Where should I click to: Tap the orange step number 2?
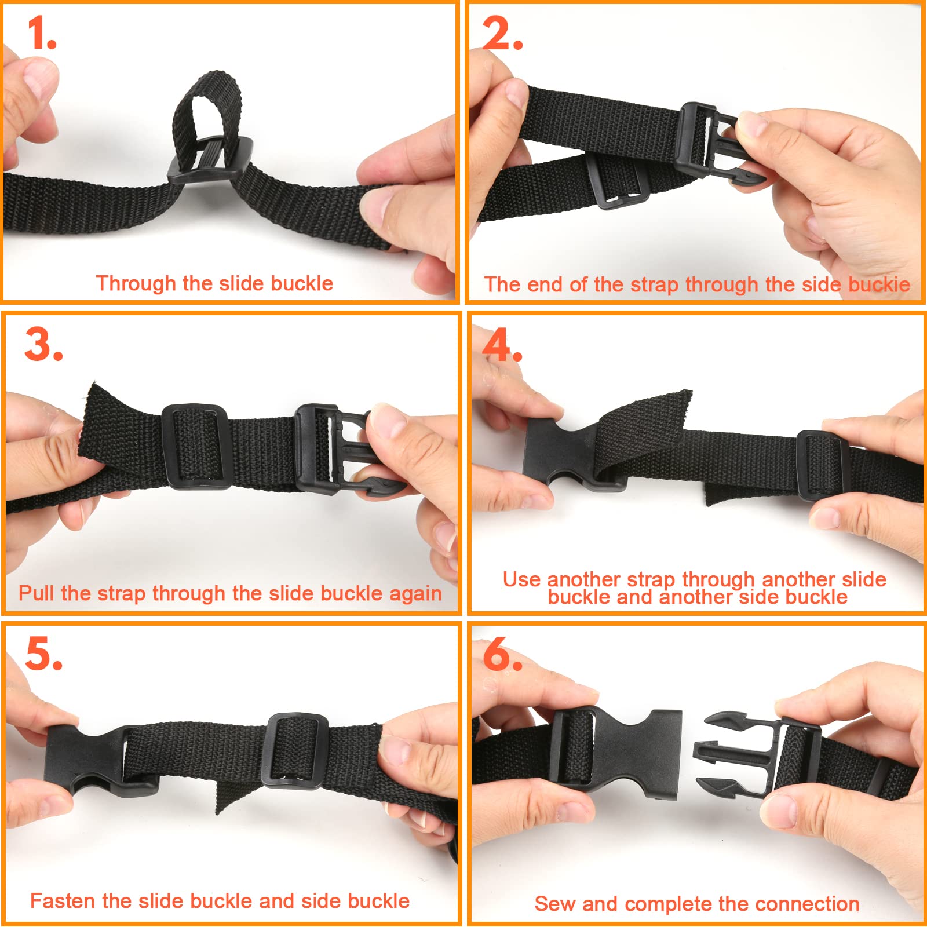[502, 33]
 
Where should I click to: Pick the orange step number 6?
[502, 654]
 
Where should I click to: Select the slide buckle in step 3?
[194, 446]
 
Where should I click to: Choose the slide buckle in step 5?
[295, 750]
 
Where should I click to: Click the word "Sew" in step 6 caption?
[555, 903]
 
